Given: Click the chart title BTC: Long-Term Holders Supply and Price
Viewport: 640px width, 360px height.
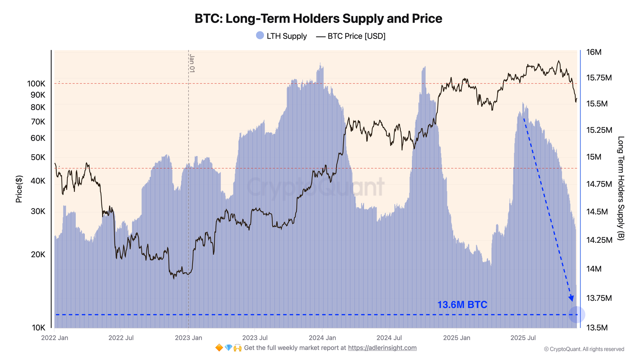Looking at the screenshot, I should click(318, 19).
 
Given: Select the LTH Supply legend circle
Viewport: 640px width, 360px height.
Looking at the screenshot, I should click(260, 36).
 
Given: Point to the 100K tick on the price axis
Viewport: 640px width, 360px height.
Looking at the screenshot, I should click(36, 84).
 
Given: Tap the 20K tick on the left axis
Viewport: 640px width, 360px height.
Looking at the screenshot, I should click(38, 255).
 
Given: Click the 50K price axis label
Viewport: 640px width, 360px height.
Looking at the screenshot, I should click(38, 157).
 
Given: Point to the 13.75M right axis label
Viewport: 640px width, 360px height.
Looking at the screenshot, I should click(599, 298).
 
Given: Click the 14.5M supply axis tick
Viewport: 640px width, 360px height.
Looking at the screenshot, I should click(597, 212).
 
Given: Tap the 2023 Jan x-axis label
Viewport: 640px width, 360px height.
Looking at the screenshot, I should click(188, 338).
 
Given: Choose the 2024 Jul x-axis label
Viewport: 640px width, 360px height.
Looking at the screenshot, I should click(389, 338).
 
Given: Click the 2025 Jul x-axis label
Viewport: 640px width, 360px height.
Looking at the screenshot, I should click(523, 338).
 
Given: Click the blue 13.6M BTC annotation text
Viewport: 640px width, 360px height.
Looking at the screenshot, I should click(462, 305).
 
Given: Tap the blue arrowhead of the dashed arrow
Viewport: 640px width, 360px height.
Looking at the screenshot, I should click(571, 299).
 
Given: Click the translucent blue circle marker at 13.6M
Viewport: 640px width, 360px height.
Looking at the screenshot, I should click(577, 315).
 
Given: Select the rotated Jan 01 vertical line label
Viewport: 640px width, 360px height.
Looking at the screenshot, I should click(192, 63).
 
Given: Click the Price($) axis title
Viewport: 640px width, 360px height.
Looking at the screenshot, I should click(19, 189).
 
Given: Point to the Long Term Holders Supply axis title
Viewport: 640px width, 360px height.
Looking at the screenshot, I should click(620, 188).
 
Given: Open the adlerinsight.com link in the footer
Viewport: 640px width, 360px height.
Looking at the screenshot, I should click(382, 348).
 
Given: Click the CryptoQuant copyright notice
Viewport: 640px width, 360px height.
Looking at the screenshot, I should click(584, 349).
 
